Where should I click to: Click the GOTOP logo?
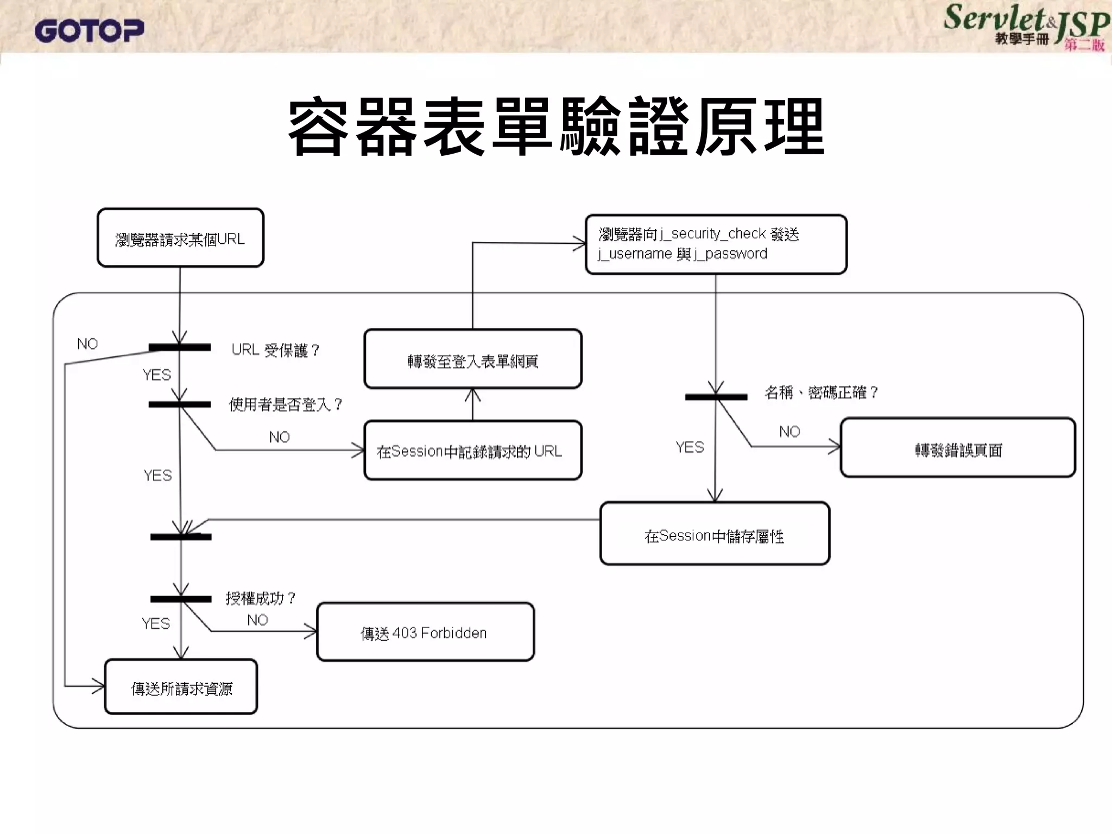pos(89,30)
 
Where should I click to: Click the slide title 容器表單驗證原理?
pos(556,128)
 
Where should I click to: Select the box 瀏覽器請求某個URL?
pos(180,238)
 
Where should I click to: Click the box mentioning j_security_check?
pos(716,244)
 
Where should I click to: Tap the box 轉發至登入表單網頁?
pos(472,359)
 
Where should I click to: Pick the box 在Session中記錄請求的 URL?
pos(472,450)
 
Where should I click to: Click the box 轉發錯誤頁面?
pos(958,448)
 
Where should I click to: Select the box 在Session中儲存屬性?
pos(715,534)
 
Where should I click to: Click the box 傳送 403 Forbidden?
pos(425,632)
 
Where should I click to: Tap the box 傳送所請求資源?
pos(181,687)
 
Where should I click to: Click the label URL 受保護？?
pos(275,350)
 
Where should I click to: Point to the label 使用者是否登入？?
pos(285,405)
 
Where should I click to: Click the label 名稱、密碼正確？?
pos(820,393)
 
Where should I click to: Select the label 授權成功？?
pos(261,598)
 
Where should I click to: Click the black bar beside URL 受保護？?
pos(180,347)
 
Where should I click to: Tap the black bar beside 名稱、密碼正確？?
pos(716,397)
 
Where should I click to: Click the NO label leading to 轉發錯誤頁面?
pos(789,432)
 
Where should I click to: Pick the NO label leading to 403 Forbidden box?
pos(257,620)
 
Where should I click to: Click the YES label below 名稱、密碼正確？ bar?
pos(690,447)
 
